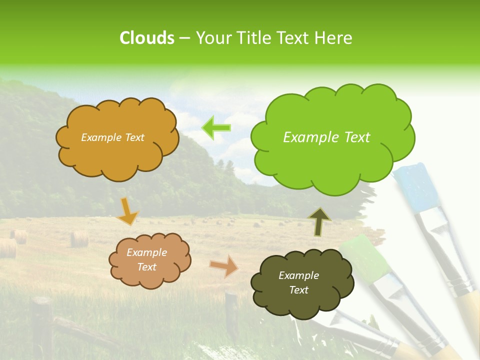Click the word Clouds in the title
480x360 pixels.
pyautogui.click(x=147, y=38)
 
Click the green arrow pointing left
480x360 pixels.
pyautogui.click(x=216, y=127)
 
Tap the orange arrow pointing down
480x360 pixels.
pyautogui.click(x=127, y=211)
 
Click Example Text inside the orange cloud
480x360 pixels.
pyautogui.click(x=112, y=137)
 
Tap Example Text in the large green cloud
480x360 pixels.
pyautogui.click(x=326, y=137)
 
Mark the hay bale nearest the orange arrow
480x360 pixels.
pyautogui.click(x=79, y=238)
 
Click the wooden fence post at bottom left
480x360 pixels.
pyautogui.click(x=42, y=325)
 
